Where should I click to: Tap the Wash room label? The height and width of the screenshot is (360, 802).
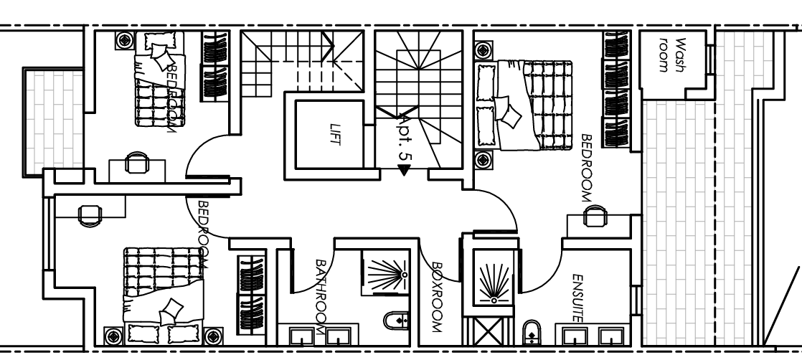click(666, 55)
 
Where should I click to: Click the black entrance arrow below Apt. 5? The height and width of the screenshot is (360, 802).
click(404, 170)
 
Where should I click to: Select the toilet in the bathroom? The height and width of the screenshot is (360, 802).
click(397, 321)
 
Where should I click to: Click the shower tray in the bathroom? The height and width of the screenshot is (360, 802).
click(384, 273)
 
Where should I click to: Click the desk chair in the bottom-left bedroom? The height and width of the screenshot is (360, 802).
click(89, 214)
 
